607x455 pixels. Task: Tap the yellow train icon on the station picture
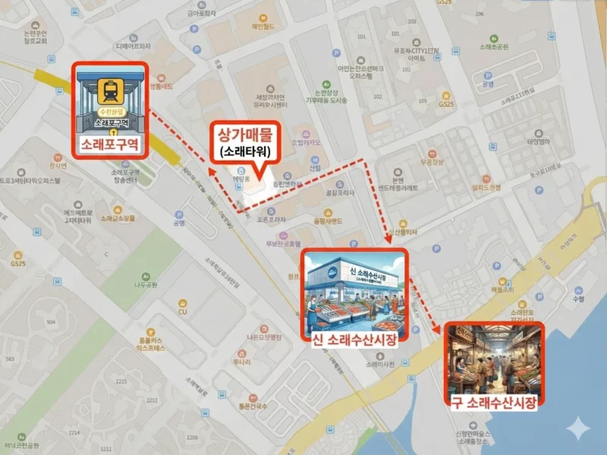click(x=109, y=92)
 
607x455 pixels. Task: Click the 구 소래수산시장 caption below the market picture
click(x=494, y=403)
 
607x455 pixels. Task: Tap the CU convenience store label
click(x=182, y=312)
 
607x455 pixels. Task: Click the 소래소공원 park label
click(x=493, y=47)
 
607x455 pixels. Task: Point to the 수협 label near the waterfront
click(x=577, y=299)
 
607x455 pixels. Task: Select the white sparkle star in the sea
click(x=580, y=427)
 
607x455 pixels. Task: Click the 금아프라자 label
click(x=202, y=13)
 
